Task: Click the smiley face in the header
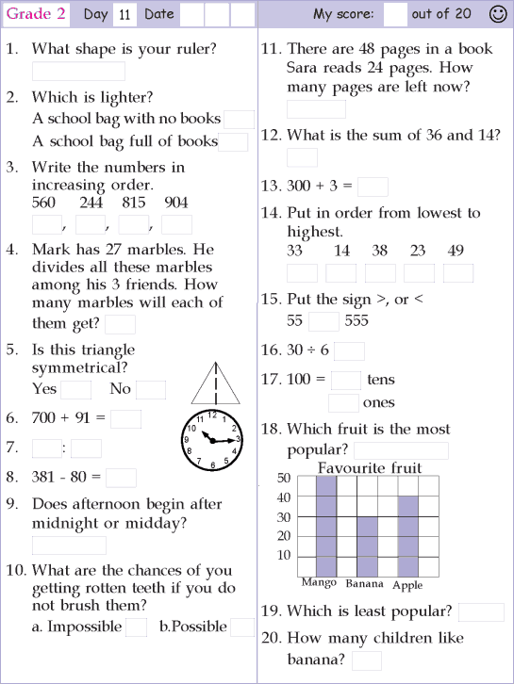tap(498, 13)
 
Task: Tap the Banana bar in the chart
tap(367, 546)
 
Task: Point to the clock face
tap(211, 439)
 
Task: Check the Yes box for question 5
tap(75, 389)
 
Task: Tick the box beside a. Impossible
tap(136, 627)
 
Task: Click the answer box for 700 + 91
tap(125, 418)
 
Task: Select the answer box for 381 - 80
tap(121, 478)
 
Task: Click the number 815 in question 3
tap(133, 203)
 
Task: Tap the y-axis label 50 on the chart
tap(283, 478)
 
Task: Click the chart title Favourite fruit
tap(370, 467)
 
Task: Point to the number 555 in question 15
tap(356, 320)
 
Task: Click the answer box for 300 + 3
tap(373, 187)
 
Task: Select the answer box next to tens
tap(346, 380)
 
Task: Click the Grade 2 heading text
tap(35, 13)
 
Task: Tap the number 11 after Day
tap(124, 15)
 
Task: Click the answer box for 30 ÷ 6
tap(349, 350)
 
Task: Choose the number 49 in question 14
tap(456, 251)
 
